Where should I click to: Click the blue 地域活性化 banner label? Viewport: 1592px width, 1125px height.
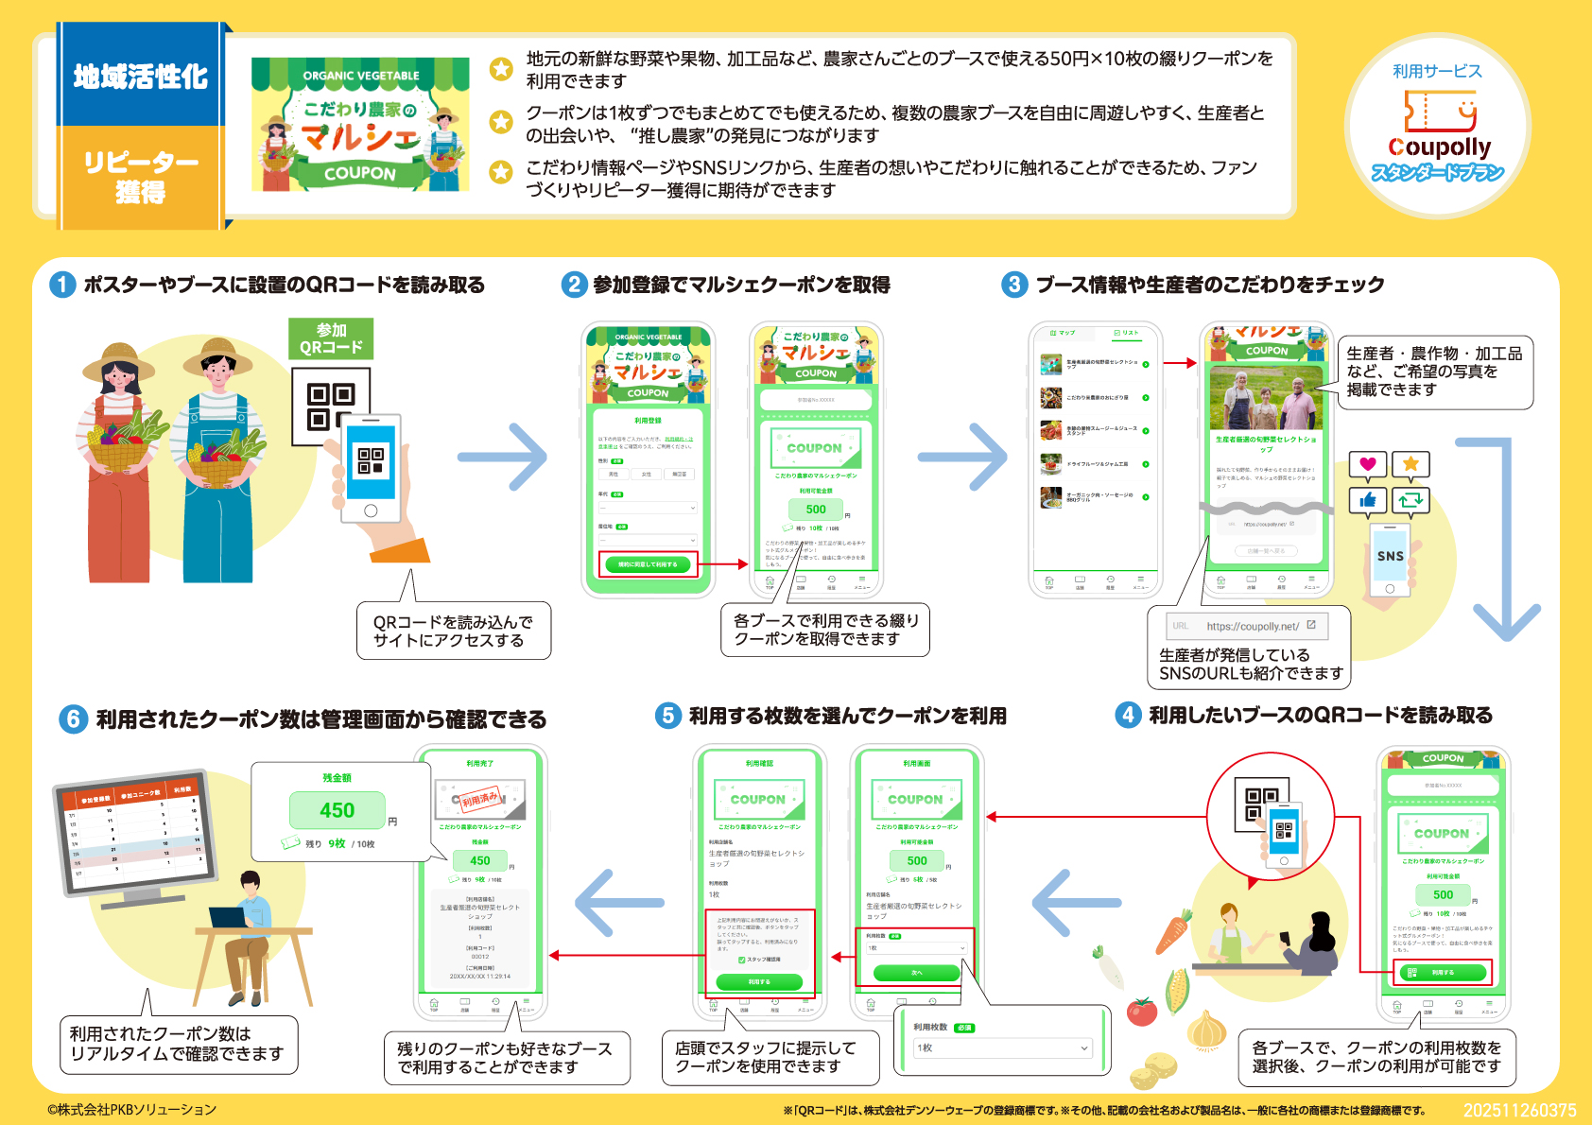[x=141, y=76]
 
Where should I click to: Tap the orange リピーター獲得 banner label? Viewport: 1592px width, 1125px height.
[x=141, y=177]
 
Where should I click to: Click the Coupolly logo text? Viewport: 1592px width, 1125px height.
[x=1438, y=147]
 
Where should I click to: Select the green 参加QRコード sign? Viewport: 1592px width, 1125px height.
[x=331, y=338]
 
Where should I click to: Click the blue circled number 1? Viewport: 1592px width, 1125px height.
[x=62, y=285]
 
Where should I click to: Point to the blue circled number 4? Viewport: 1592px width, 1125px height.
[x=1127, y=715]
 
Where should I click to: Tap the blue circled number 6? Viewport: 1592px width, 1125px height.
[x=73, y=719]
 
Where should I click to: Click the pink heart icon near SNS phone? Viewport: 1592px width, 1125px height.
[x=1367, y=464]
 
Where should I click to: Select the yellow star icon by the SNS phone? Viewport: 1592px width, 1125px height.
[x=1410, y=464]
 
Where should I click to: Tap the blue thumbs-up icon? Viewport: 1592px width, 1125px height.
[x=1367, y=500]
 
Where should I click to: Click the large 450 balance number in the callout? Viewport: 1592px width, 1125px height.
[x=337, y=810]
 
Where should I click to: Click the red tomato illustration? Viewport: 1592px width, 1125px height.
[x=1142, y=1012]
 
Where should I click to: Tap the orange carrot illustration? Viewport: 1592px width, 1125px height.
[x=1172, y=931]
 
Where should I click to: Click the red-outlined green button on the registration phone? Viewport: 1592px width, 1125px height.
[x=648, y=564]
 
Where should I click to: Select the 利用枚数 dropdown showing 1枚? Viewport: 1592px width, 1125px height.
[x=1002, y=1047]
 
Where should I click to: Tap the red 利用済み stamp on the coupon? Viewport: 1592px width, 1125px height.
[x=480, y=799]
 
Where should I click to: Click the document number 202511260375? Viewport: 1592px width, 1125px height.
[x=1519, y=1110]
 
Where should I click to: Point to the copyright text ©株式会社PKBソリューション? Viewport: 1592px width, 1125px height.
[x=132, y=1110]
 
